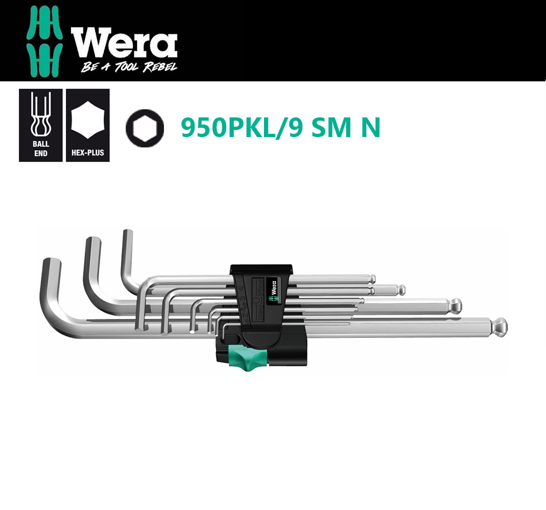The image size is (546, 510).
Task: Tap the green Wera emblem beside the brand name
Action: pyautogui.click(x=44, y=41)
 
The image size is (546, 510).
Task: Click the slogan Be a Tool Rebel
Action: pyautogui.click(x=129, y=67)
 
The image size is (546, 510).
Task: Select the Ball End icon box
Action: pyautogui.click(x=41, y=125)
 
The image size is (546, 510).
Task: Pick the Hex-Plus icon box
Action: pyautogui.click(x=88, y=125)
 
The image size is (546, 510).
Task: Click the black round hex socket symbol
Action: pyautogui.click(x=144, y=128)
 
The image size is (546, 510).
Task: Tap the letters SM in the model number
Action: pyautogui.click(x=331, y=128)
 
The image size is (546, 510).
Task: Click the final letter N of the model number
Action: pyautogui.click(x=371, y=128)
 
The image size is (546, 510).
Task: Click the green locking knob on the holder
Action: pyautogui.click(x=248, y=359)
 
